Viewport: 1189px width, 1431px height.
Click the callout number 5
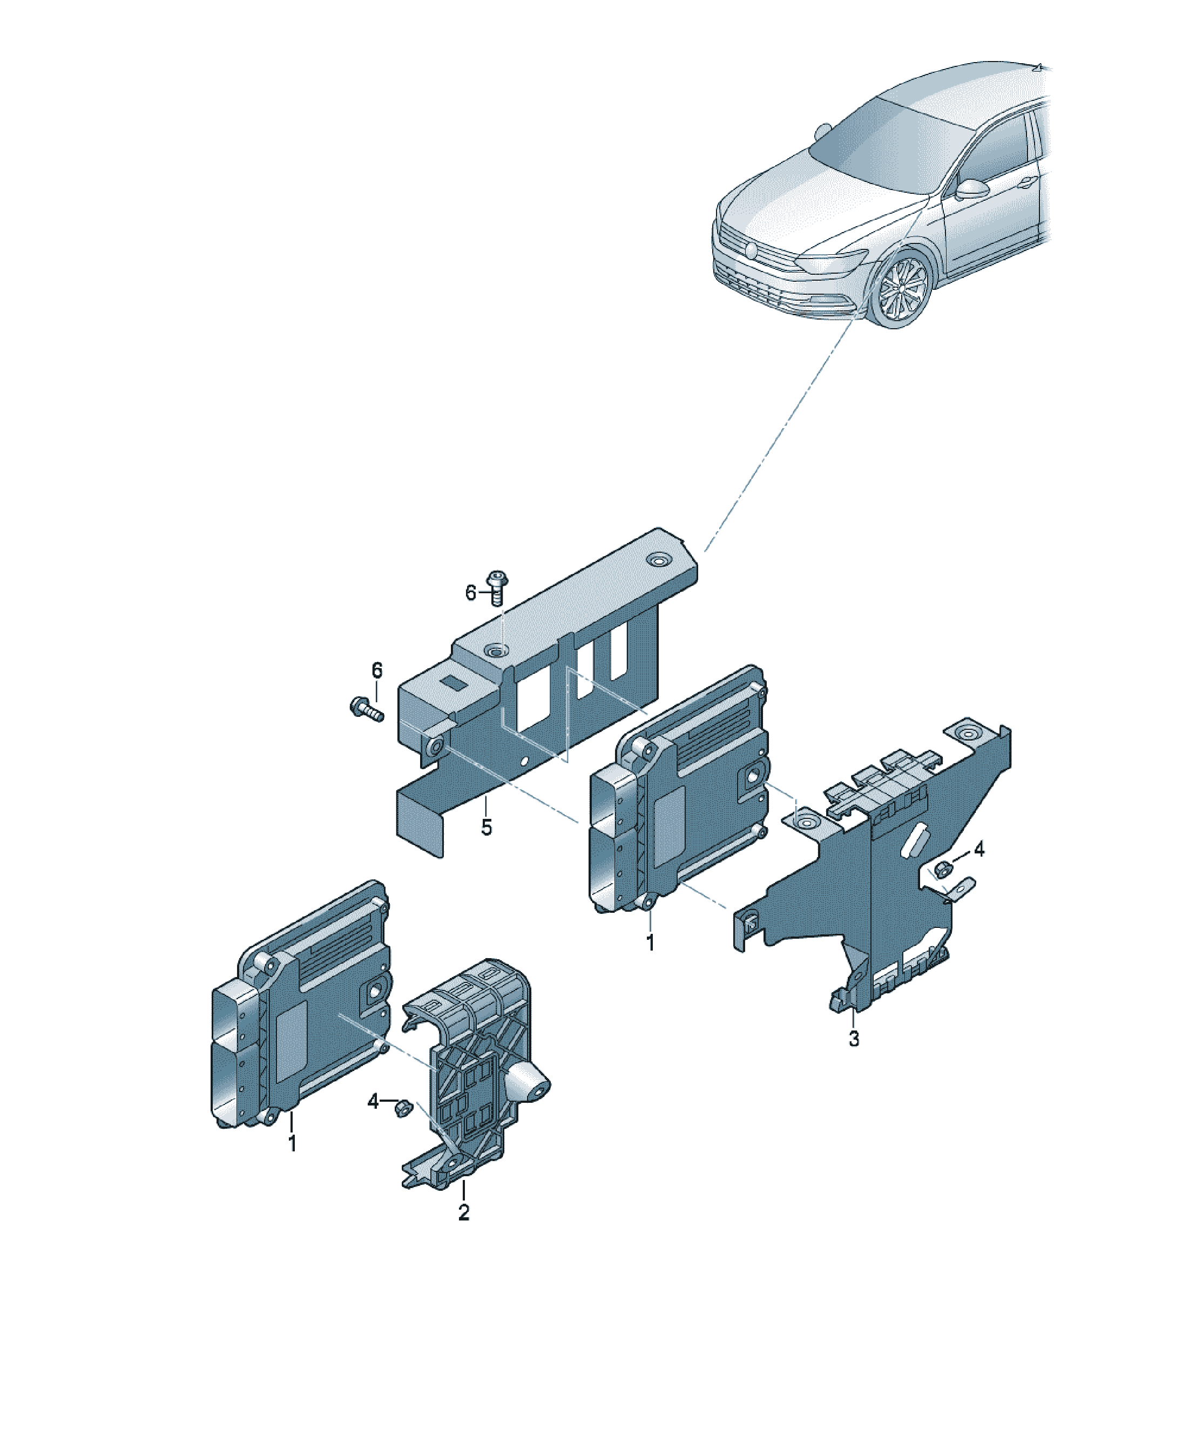[x=485, y=828]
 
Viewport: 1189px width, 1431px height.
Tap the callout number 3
[x=854, y=1039]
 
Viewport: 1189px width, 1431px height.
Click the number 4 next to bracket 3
[x=978, y=849]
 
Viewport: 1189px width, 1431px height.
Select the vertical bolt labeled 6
[x=496, y=588]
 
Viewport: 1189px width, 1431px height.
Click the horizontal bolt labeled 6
[x=366, y=708]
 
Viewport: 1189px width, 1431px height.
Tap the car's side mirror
[x=971, y=189]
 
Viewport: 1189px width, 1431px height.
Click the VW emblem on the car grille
[x=751, y=250]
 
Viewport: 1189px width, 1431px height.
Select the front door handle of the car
[x=1025, y=181]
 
